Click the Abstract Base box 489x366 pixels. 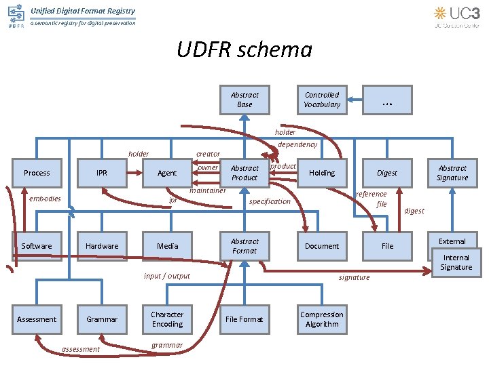(x=244, y=100)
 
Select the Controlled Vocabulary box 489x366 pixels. (x=322, y=100)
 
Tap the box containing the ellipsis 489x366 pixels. (x=387, y=100)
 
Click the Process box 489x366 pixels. (x=37, y=173)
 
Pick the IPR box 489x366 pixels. (x=102, y=173)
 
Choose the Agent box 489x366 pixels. (x=167, y=173)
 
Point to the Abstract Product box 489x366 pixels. (x=244, y=173)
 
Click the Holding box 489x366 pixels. (x=322, y=173)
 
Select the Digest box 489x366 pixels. (x=387, y=173)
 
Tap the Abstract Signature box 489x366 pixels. (x=452, y=173)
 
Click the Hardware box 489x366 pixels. (x=102, y=246)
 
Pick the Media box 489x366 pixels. (x=167, y=246)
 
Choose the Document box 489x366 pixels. (x=322, y=246)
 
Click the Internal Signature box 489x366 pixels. (x=456, y=262)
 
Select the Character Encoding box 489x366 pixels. (x=167, y=319)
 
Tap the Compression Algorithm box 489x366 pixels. (x=322, y=319)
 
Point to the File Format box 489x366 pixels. (x=244, y=319)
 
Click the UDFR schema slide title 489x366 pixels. (x=244, y=50)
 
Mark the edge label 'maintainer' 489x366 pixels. (x=208, y=191)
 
